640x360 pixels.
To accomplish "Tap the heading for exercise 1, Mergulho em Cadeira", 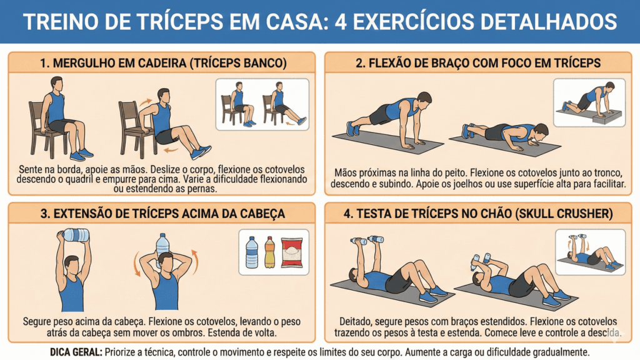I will pos(162,63).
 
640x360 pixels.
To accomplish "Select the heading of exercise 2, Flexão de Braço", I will pos(478,63).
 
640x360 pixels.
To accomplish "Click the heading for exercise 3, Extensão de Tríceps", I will pos(162,214).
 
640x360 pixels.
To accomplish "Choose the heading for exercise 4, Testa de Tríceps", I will pos(478,214).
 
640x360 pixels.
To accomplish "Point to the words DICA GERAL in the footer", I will pos(76,352).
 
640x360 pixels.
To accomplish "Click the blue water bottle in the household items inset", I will pos(252,252).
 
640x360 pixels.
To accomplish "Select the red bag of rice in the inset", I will pos(291,252).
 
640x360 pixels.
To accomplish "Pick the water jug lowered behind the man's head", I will pos(163,244).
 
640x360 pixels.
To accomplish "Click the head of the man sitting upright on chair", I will pos(56,84).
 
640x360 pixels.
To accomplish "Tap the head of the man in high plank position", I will pos(424,99).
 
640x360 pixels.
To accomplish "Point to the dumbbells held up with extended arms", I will pos(367,240).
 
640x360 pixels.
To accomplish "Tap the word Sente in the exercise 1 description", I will pos(32,169).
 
